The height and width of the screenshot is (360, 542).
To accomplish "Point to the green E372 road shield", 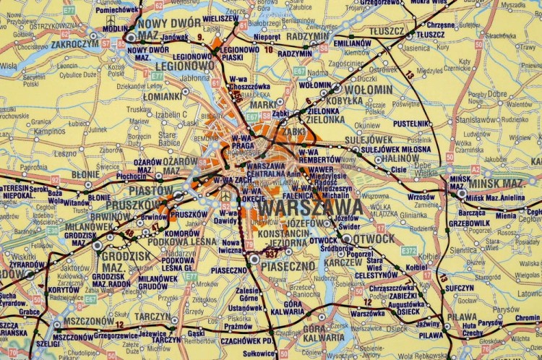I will (409, 251).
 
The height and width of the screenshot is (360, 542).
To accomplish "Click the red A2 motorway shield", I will (475, 168).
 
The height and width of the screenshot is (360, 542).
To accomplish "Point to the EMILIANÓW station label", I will (353, 43).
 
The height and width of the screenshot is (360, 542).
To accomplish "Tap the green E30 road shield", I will (52, 231).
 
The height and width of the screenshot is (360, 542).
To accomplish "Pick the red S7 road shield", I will (106, 43).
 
